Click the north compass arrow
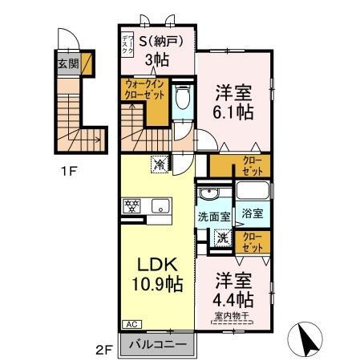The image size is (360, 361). pyautogui.click(x=309, y=338)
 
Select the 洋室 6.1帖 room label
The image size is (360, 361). pyautogui.click(x=233, y=103)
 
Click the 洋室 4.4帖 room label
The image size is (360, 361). pyautogui.click(x=234, y=290)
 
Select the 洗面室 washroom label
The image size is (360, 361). pyautogui.click(x=214, y=217)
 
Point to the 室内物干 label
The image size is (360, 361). pyautogui.click(x=234, y=315)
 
